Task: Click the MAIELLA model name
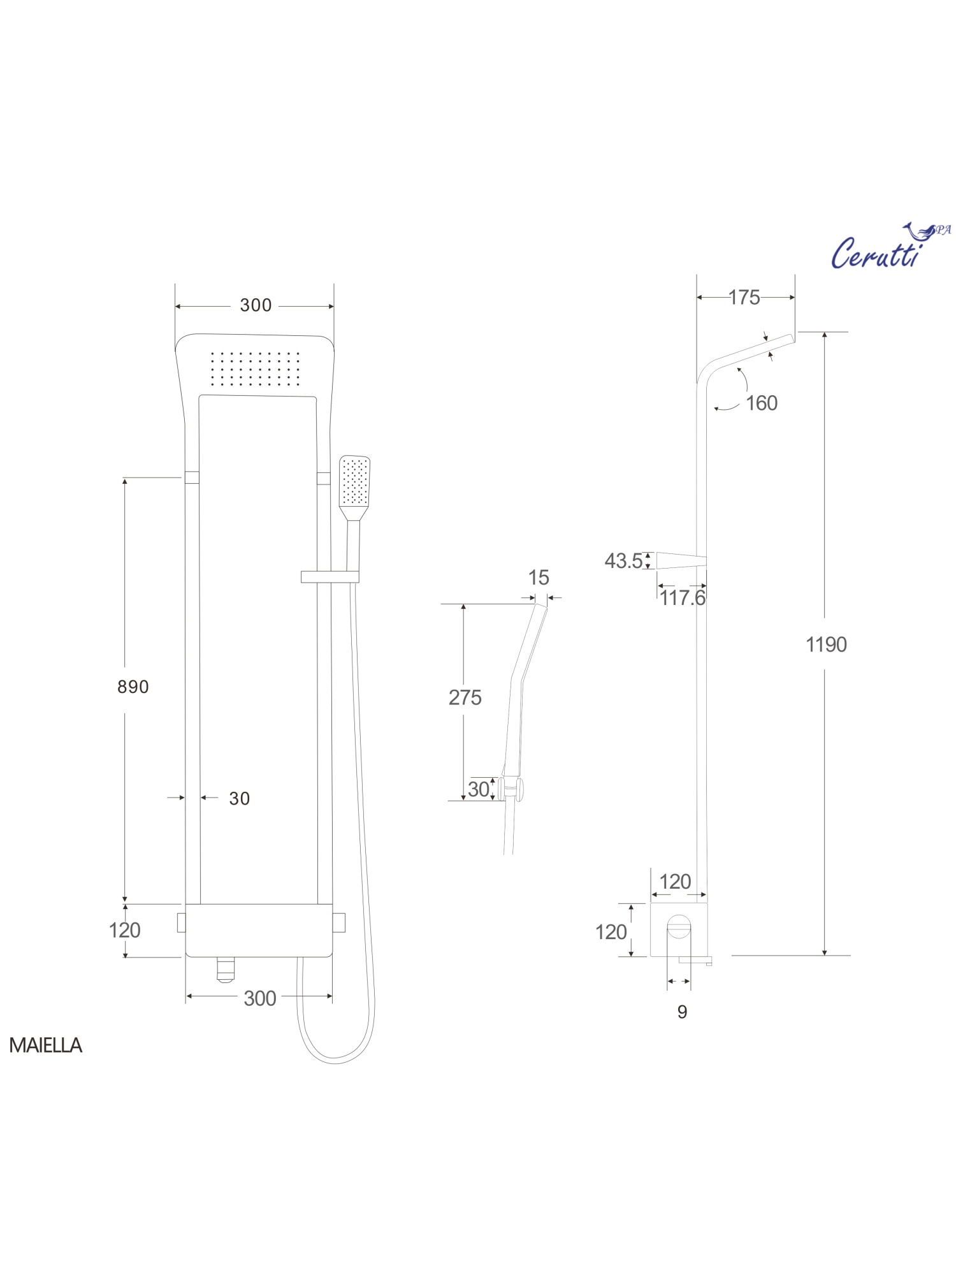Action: click(x=45, y=1045)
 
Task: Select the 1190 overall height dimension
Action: click(x=826, y=645)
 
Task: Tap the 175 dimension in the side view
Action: click(x=744, y=298)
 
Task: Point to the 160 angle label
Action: click(x=762, y=404)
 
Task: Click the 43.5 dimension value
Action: click(x=623, y=561)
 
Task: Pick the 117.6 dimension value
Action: click(x=683, y=598)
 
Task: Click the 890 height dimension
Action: click(x=133, y=687)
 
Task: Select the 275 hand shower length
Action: click(x=465, y=697)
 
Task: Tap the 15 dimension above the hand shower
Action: click(x=539, y=578)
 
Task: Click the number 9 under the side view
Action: click(x=682, y=1012)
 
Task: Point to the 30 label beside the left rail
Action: click(x=240, y=798)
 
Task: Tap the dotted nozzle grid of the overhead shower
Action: click(x=255, y=368)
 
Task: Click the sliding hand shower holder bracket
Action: click(x=330, y=577)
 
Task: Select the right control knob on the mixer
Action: click(x=339, y=922)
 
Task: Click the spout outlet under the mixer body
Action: click(x=225, y=970)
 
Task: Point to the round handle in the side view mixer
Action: click(x=679, y=926)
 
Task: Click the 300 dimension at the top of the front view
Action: click(x=256, y=305)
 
